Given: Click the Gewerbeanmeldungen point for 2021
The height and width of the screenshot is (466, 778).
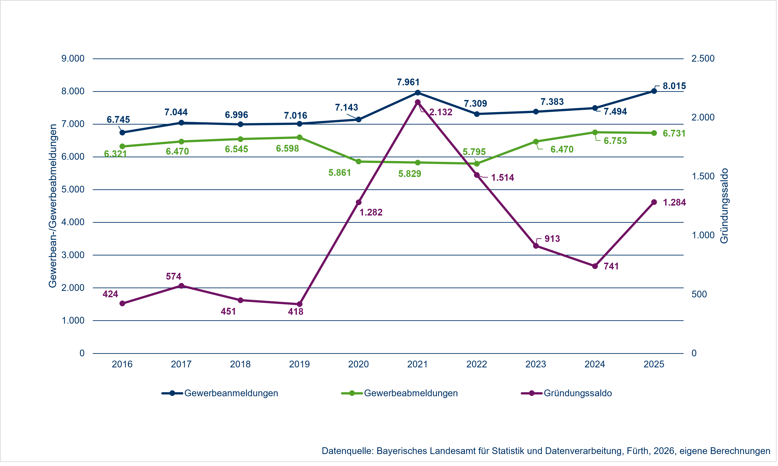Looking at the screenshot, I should click(418, 93).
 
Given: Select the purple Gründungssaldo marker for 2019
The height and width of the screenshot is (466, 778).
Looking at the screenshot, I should click(300, 304).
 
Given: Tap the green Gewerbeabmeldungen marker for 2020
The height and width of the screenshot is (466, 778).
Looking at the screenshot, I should click(359, 161).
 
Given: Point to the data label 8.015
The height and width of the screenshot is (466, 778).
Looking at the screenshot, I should click(674, 86).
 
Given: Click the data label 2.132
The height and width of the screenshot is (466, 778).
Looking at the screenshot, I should click(441, 112).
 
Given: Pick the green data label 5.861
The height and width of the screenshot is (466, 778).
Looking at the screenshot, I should click(339, 173).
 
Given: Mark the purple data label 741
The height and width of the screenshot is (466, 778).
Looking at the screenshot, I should click(611, 266).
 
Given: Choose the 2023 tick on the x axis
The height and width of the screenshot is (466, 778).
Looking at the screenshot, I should click(536, 364).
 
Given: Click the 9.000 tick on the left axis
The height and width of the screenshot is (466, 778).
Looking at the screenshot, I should click(73, 58).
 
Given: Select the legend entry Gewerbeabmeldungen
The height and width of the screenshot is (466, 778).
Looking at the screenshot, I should click(411, 393).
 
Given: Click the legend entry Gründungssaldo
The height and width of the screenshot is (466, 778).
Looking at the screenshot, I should click(578, 393).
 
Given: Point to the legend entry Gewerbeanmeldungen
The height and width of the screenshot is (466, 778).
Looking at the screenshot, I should click(231, 393).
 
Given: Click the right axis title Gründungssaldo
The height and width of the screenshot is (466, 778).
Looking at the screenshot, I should click(724, 206).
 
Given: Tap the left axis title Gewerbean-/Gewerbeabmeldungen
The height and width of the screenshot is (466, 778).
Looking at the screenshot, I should click(53, 206).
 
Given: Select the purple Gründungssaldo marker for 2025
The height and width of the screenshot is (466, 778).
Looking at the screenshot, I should click(654, 202).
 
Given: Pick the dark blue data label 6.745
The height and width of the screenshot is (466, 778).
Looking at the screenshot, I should click(118, 120).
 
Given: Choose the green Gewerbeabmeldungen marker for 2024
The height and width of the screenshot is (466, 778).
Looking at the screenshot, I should click(595, 132).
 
